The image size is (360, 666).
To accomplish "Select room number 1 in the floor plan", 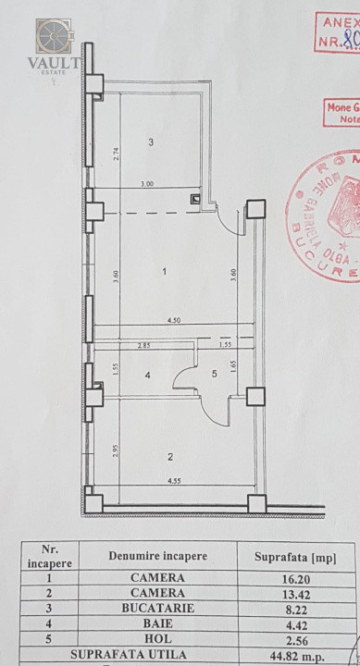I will tap(164, 272).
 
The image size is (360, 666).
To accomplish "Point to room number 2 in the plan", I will tap(170, 456).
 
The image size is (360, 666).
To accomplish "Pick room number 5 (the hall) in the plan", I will tap(213, 375).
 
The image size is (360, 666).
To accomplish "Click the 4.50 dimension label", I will tap(172, 320).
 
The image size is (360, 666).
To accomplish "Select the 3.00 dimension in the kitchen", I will tap(146, 183).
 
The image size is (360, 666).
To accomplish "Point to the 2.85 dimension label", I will tap(143, 344).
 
